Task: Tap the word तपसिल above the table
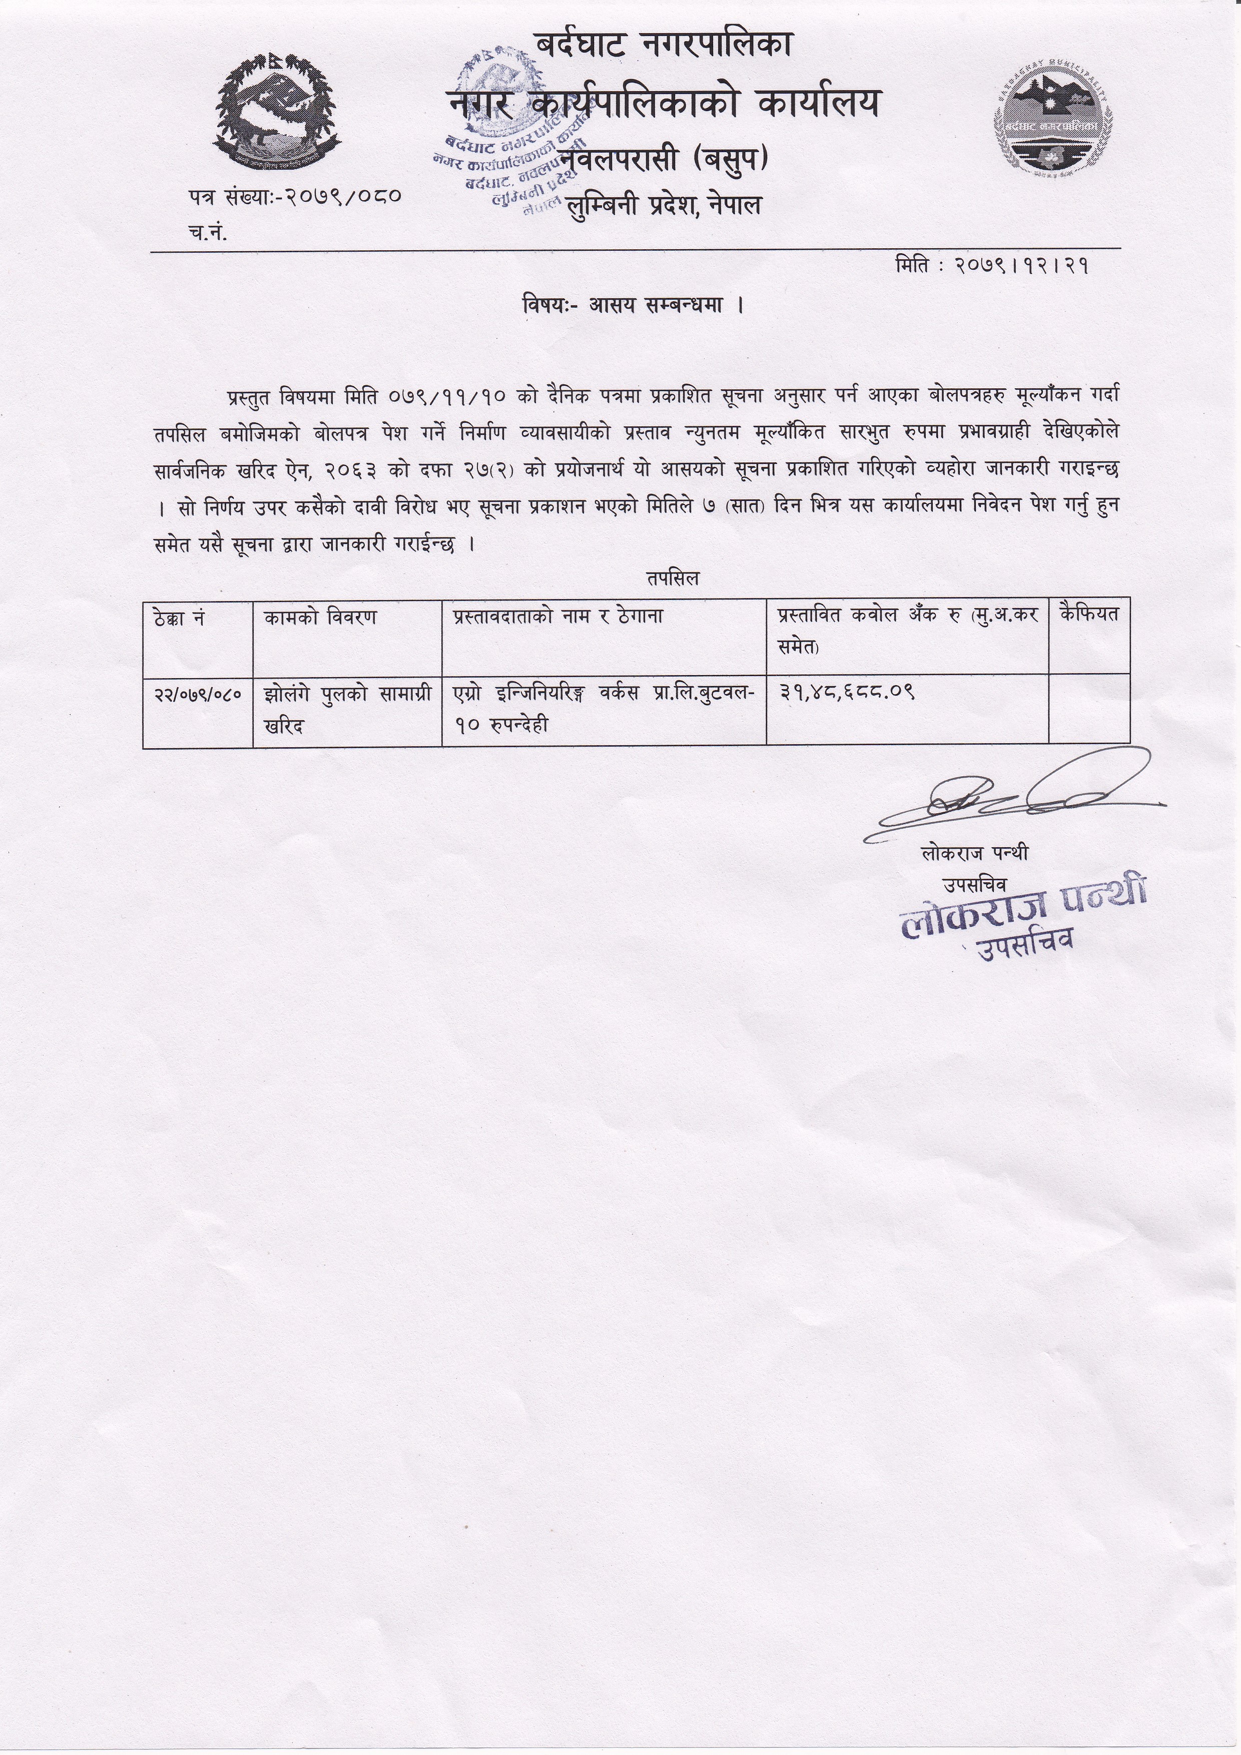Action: point(672,578)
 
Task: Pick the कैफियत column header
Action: point(1088,615)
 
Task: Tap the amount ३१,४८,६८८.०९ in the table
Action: point(847,693)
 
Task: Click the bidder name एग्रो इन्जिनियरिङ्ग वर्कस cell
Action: point(603,709)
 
